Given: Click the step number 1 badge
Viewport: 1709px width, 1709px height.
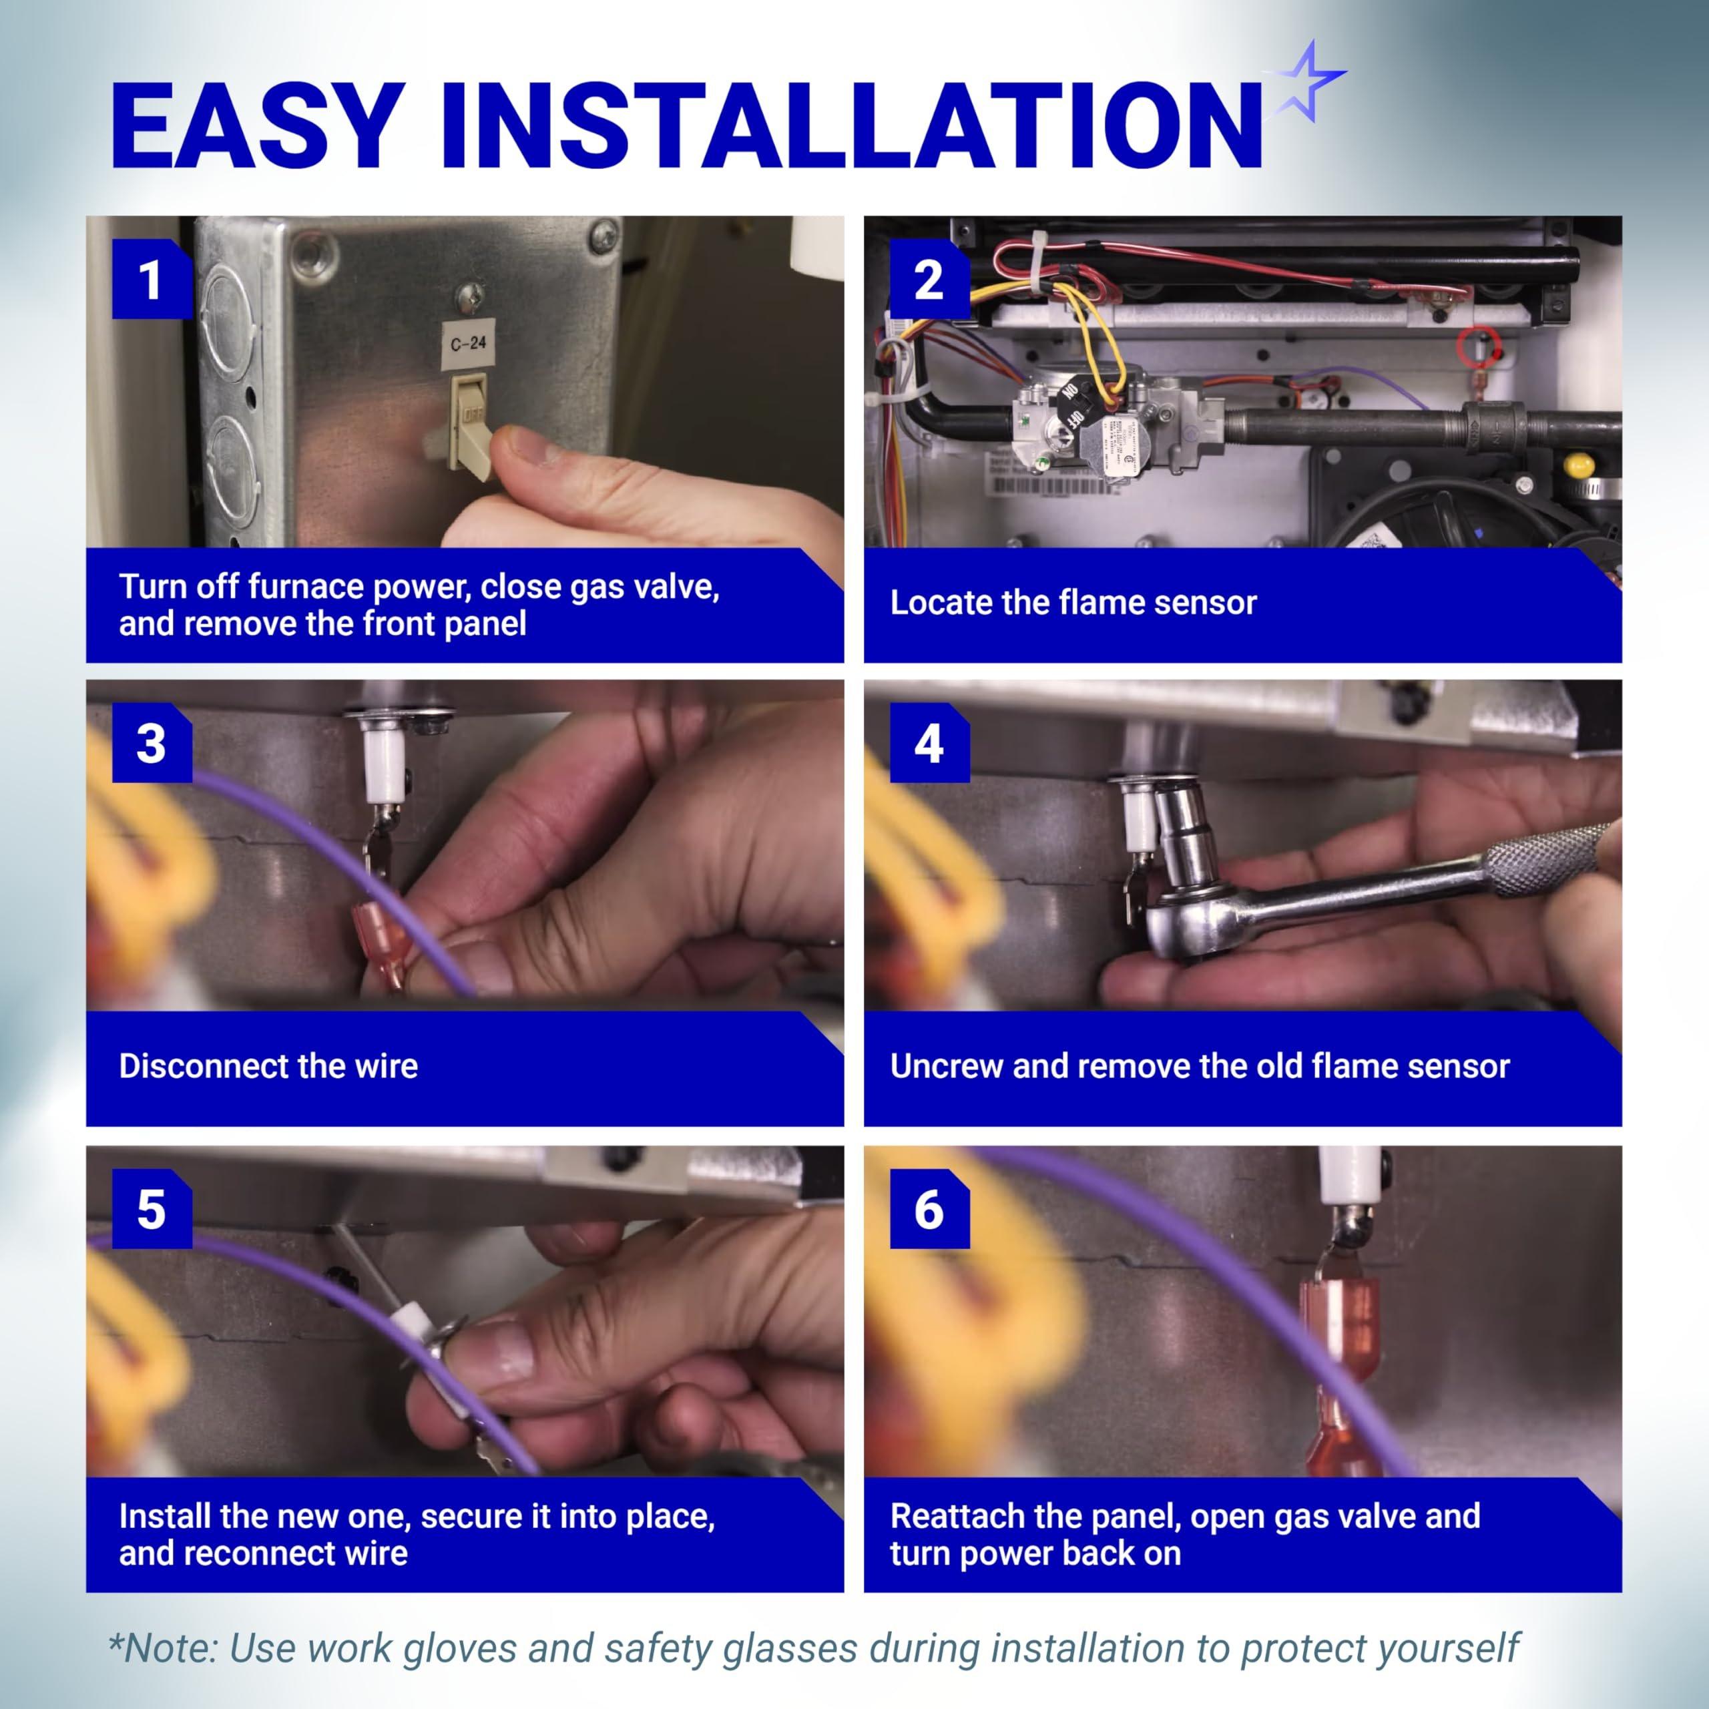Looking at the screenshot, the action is coord(152,280).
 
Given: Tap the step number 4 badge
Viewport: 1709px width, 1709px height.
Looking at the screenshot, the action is coord(929,743).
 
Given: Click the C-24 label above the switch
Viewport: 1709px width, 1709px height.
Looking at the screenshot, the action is coord(468,342).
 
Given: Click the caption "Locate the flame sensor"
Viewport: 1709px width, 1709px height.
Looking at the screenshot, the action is coord(1073,602).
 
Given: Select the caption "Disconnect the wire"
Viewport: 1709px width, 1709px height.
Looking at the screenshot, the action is coord(268,1066).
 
